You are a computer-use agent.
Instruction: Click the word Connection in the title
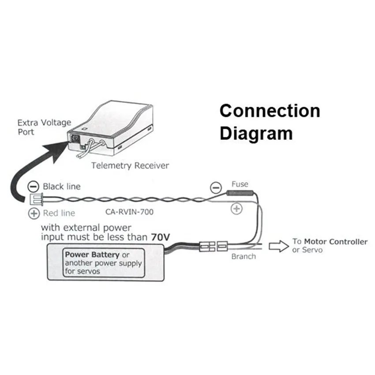coord(270,111)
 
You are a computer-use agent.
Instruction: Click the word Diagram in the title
coord(256,134)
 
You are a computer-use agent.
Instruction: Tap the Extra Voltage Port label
coord(44,127)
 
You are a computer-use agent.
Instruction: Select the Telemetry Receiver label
coord(130,165)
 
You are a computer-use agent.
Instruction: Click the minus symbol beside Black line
coord(33,187)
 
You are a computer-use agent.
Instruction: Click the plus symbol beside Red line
coord(34,214)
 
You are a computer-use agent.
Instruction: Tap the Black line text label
coord(62,187)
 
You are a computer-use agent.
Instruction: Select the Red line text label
coord(59,213)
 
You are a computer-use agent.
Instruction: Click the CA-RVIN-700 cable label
coord(129,212)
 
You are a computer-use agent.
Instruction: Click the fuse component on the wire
coord(240,193)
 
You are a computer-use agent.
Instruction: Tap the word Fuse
coord(240,184)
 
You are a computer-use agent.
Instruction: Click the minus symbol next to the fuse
coord(216,187)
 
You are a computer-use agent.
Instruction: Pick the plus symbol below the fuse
coord(236,209)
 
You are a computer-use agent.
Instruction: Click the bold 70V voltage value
coord(161,237)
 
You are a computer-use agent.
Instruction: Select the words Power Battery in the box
coord(92,255)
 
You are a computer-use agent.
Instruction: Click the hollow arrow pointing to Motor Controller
coord(279,246)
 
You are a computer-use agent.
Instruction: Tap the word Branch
coord(244,257)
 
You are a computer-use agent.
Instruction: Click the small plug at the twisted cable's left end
coord(36,199)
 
